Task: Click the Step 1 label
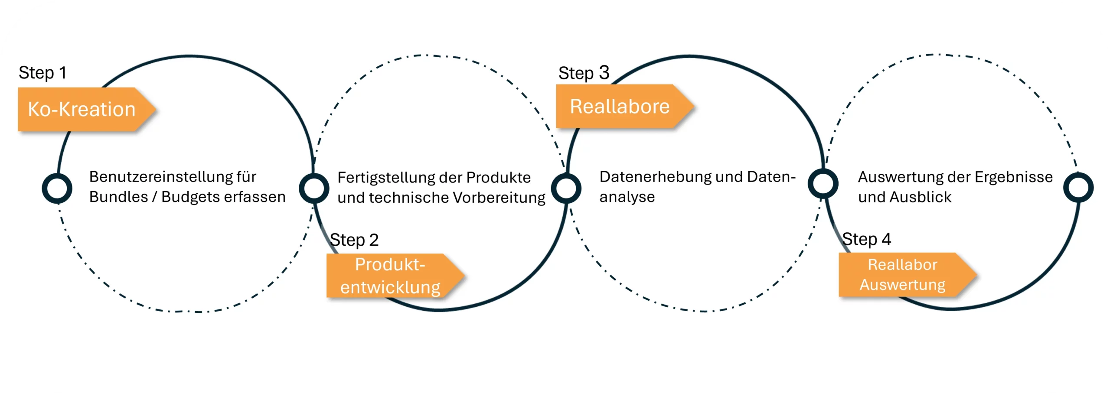[x=42, y=73]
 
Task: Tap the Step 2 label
[x=354, y=240]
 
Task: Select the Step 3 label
[x=584, y=73]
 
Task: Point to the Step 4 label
[x=866, y=239]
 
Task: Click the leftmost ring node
[x=57, y=188]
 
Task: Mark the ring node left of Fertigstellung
[x=314, y=188]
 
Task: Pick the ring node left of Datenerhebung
[x=566, y=188]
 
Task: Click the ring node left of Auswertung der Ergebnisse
[x=823, y=184]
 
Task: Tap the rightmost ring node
[x=1078, y=187]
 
